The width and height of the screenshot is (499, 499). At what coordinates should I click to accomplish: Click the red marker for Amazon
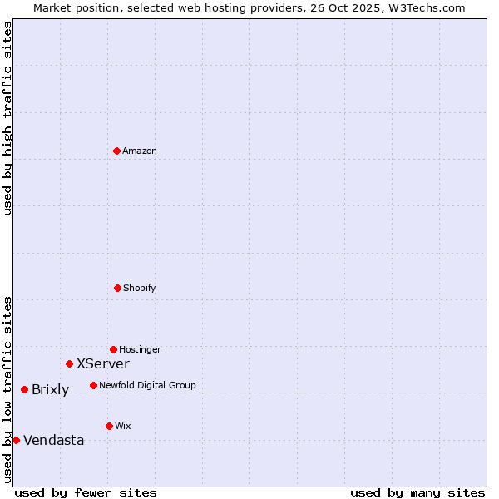tap(117, 151)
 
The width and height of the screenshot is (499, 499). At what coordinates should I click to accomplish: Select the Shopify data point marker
tap(117, 288)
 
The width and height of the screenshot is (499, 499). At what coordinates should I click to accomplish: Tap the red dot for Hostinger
tap(113, 349)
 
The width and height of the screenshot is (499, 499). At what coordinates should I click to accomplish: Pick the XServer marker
tap(70, 363)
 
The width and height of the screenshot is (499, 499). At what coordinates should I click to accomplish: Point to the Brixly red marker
tap(25, 389)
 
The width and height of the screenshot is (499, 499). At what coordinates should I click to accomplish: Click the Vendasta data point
tap(17, 440)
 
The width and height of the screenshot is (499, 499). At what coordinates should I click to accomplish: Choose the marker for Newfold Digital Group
tap(93, 385)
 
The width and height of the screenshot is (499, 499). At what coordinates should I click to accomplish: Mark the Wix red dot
tap(109, 426)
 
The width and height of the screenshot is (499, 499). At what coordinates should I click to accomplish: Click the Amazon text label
tap(140, 151)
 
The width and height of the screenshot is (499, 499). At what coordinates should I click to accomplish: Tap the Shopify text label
tap(140, 289)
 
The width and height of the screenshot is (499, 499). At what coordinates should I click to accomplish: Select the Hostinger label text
tap(140, 350)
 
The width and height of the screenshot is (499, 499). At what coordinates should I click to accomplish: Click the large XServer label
tap(103, 364)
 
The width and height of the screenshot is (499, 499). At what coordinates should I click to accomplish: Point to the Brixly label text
tap(50, 390)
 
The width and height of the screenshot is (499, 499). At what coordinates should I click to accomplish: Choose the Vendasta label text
tap(53, 441)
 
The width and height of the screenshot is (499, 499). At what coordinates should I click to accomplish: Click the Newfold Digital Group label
tap(147, 386)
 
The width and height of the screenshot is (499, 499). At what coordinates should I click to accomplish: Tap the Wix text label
tap(123, 427)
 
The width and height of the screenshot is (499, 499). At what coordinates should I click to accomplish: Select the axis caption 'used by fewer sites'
tap(86, 492)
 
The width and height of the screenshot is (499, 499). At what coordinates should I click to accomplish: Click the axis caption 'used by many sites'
tap(417, 492)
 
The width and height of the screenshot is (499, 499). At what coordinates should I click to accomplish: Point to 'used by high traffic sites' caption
tap(7, 118)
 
